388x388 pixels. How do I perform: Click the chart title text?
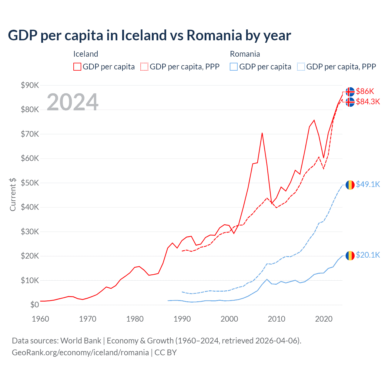pyautogui.click(x=149, y=35)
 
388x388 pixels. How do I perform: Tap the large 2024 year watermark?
pyautogui.click(x=72, y=102)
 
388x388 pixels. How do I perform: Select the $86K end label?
pyautogui.click(x=365, y=91)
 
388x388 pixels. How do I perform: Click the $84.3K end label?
pyautogui.click(x=368, y=102)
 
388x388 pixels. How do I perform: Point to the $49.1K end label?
pyautogui.click(x=368, y=184)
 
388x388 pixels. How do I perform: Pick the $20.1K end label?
pyautogui.click(x=368, y=255)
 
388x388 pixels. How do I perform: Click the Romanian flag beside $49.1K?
pyautogui.click(x=350, y=185)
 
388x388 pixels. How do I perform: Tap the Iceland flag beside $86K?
pyautogui.click(x=350, y=92)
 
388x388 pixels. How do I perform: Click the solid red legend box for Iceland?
pyautogui.click(x=77, y=67)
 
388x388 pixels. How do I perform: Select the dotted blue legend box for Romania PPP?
pyautogui.click(x=301, y=67)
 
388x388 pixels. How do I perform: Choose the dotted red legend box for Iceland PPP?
pyautogui.click(x=144, y=67)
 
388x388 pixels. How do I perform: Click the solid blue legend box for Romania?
pyautogui.click(x=234, y=67)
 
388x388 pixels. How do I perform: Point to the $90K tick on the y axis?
pyautogui.click(x=30, y=85)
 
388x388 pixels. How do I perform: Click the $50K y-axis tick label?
pyautogui.click(x=30, y=183)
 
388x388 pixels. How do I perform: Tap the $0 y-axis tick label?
pyautogui.click(x=35, y=305)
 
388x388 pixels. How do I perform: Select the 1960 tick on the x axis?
pyautogui.click(x=40, y=319)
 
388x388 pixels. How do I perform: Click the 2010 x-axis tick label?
pyautogui.click(x=276, y=319)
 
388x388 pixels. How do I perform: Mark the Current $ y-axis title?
pyautogui.click(x=13, y=195)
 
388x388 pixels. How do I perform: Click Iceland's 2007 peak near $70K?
pyautogui.click(x=262, y=133)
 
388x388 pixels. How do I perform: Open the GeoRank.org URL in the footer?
pyautogui.click(x=80, y=353)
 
